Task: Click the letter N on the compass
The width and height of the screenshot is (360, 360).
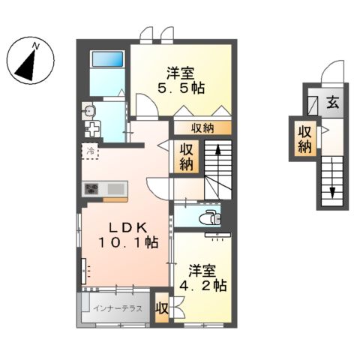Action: [x=37, y=46]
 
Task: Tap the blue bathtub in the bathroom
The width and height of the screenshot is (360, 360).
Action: [x=108, y=59]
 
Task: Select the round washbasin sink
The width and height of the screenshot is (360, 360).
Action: [x=89, y=109]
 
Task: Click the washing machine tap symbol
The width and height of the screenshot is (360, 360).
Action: [x=92, y=129]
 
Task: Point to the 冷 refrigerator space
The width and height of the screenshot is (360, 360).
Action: [x=90, y=151]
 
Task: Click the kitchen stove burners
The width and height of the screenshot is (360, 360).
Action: [x=91, y=188]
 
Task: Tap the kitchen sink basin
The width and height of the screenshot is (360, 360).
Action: [x=116, y=189]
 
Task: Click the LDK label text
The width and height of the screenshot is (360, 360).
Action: [x=127, y=227]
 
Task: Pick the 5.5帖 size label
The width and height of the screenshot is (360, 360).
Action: [x=181, y=88]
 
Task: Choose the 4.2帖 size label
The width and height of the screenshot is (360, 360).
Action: [x=202, y=285]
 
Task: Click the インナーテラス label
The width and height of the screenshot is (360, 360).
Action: [x=118, y=308]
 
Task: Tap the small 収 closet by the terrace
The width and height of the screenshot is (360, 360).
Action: [x=162, y=309]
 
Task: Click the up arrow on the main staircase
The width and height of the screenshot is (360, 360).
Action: [x=218, y=156]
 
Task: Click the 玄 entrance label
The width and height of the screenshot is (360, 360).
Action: [x=333, y=102]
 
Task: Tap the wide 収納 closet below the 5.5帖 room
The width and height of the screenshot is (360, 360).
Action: [x=202, y=128]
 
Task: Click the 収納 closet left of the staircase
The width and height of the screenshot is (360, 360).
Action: [x=186, y=157]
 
